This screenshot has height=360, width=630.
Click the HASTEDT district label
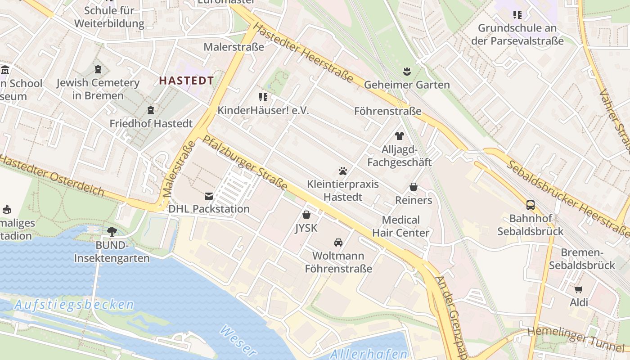[x=186, y=81]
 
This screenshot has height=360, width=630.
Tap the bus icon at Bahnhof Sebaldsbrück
[x=531, y=205]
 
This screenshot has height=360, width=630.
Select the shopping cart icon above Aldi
[x=579, y=289]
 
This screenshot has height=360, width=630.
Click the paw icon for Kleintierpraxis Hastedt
[x=343, y=171]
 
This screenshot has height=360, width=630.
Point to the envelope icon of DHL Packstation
[x=209, y=196]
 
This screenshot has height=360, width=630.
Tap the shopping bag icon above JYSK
[x=306, y=215]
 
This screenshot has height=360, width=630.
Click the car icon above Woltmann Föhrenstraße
[x=338, y=243]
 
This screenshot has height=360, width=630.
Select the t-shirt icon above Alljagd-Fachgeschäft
[x=399, y=136]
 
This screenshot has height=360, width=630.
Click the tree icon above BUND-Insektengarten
[x=112, y=232]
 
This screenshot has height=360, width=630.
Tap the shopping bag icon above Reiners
[x=413, y=187]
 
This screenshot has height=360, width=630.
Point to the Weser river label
[x=238, y=340]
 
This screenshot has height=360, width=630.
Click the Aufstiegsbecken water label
[x=74, y=305]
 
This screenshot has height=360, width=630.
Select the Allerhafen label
[x=369, y=354]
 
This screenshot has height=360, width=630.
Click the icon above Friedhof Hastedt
[x=151, y=110]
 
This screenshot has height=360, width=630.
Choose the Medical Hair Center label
[x=401, y=226]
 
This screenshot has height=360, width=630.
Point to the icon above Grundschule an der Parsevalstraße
[x=517, y=15]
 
